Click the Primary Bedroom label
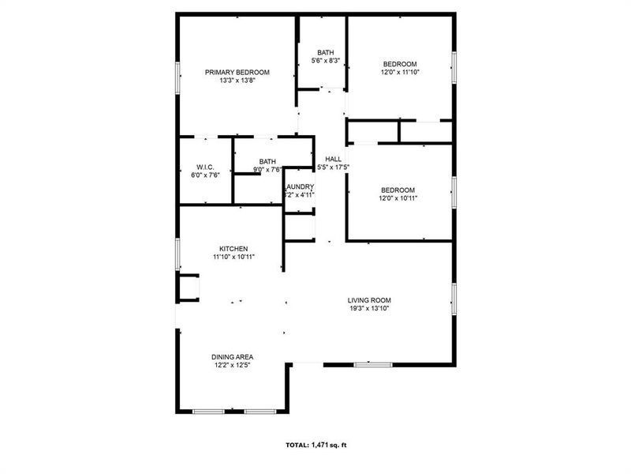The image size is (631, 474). click(237, 72)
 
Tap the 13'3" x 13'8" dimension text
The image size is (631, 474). click(237, 80)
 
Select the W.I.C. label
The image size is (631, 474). click(205, 167)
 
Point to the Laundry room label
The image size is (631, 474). click(301, 186)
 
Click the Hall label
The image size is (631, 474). click(333, 159)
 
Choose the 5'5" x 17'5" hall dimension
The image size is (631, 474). click(333, 167)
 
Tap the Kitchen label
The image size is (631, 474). click(233, 248)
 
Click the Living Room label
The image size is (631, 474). click(370, 300)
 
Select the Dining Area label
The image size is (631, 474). click(232, 357)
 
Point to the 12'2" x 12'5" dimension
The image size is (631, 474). click(232, 365)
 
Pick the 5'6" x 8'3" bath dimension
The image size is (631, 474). click(326, 61)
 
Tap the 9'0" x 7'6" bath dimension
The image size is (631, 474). click(267, 169)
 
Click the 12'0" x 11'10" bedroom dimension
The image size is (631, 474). click(400, 72)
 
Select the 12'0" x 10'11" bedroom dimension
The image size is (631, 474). click(398, 197)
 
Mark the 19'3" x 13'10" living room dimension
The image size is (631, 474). click(370, 308)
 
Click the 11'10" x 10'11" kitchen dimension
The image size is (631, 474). click(233, 256)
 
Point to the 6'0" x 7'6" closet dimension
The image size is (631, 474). click(205, 175)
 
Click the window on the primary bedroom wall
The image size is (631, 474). click(177, 77)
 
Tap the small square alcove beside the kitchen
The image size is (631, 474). click(189, 288)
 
